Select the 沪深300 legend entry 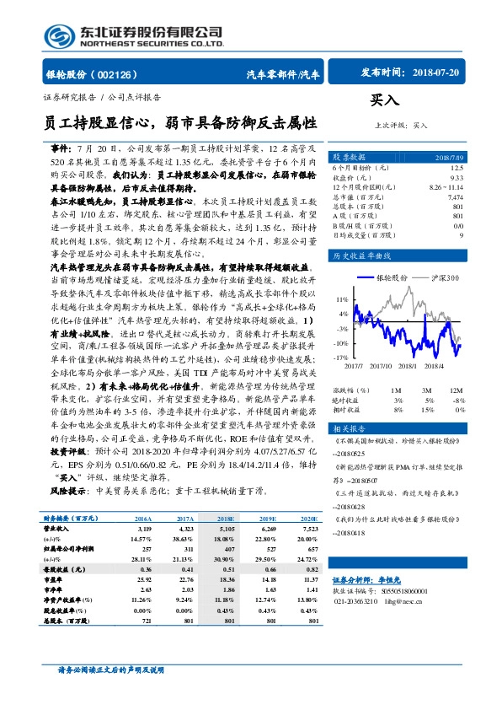tap(445, 277)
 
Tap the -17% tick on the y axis tap(342, 358)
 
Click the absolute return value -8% tap(458, 400)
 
